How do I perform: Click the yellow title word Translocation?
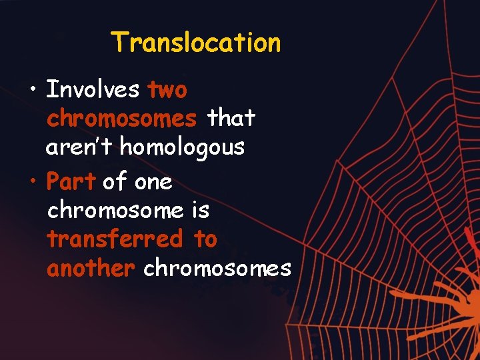(196, 43)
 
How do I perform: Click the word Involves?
(93, 89)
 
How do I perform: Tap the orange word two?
(167, 89)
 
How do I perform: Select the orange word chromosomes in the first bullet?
(122, 118)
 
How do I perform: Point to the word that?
(231, 118)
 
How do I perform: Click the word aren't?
(79, 147)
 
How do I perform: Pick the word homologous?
(182, 147)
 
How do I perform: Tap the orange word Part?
(71, 181)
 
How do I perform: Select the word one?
(153, 181)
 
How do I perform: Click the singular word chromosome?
(115, 210)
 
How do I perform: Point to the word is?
(201, 210)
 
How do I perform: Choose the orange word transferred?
(115, 239)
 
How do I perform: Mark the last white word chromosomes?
(217, 268)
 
